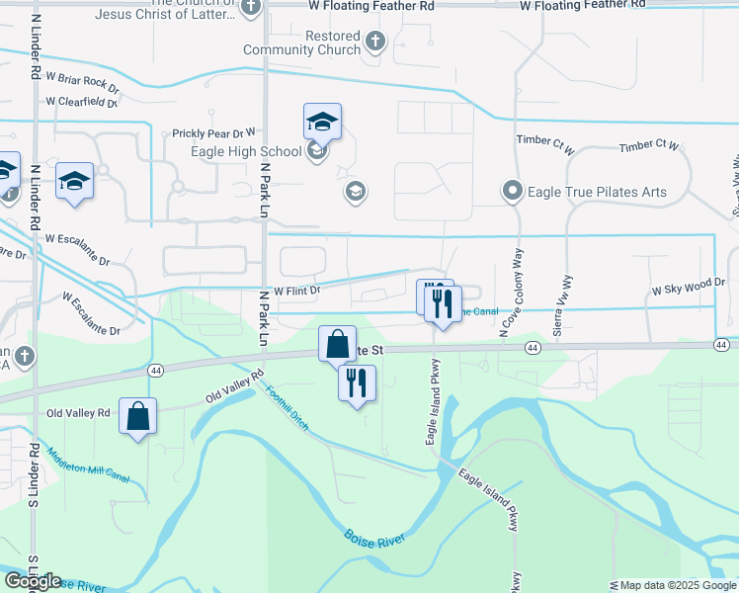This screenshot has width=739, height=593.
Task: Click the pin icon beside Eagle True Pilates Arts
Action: point(512,191)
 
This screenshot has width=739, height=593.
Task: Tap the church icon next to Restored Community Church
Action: point(374,42)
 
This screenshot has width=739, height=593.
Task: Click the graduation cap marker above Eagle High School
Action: point(322,123)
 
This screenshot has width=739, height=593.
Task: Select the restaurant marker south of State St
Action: point(357,382)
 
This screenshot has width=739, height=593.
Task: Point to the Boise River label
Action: point(377,548)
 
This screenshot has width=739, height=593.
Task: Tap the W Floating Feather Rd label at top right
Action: point(583,6)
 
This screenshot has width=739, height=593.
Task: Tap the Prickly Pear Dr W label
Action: point(213,131)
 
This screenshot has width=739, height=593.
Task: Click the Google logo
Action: point(33,581)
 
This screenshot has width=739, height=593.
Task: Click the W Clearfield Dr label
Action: point(82,101)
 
